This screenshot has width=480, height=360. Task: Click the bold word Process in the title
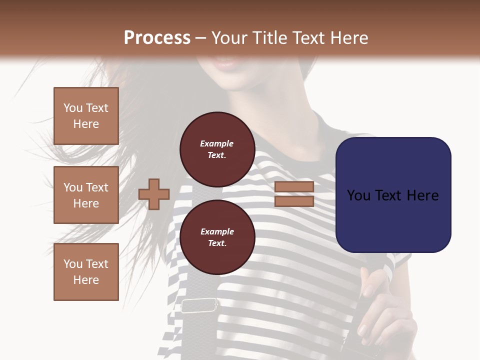pos(157,38)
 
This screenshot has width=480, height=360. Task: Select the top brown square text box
pos(86,116)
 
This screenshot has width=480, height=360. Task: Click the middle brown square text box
pos(86,195)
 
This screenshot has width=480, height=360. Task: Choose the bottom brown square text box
pos(86,271)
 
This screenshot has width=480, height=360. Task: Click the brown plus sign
pos(153,194)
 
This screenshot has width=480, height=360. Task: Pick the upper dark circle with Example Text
pos(217,149)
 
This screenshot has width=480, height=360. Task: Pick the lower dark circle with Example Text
pos(217,237)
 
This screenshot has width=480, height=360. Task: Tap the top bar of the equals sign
pos(294,187)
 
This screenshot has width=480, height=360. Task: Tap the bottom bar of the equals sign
pos(294,201)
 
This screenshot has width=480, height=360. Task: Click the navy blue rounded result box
pos(393,194)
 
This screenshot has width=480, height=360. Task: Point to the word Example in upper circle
pos(217,143)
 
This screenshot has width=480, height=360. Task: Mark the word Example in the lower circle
pos(217,231)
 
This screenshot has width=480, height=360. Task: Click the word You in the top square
pos(72,108)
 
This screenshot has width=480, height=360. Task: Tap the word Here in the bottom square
pos(86,280)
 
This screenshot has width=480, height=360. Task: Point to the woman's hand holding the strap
pos(385,315)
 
